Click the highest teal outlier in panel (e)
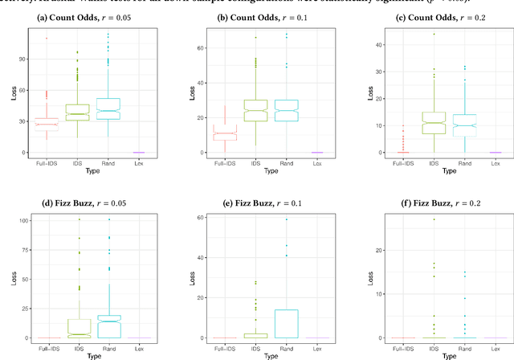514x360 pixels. click(286, 219)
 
